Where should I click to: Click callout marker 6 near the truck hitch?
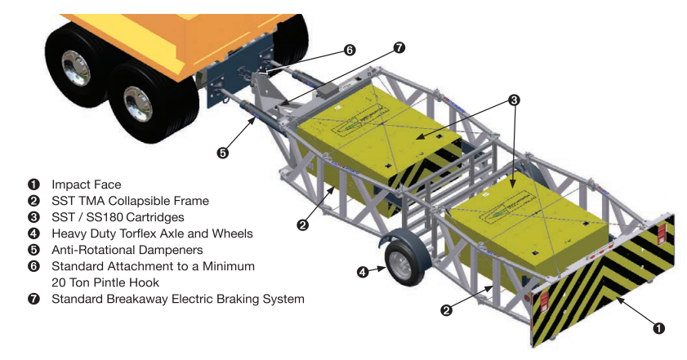(350, 50)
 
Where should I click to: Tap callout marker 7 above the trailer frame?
(399, 47)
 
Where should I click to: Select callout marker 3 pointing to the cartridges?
(513, 100)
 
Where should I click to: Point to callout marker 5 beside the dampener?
(222, 152)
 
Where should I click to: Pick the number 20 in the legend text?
(60, 282)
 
